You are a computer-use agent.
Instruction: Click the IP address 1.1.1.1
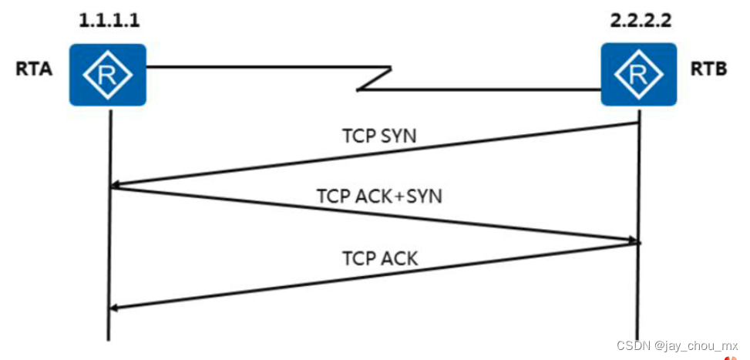click(109, 19)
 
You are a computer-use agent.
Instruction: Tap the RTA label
click(34, 69)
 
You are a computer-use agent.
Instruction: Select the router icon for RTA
click(108, 74)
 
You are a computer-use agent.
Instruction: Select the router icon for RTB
click(638, 74)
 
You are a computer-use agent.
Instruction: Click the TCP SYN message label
click(379, 136)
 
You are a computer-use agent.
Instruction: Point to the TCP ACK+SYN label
click(378, 196)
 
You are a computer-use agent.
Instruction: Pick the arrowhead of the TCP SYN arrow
click(115, 185)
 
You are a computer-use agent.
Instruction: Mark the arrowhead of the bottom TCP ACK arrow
click(115, 308)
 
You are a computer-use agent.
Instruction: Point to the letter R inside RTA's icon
click(109, 74)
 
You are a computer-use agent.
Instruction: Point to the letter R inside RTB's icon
click(638, 74)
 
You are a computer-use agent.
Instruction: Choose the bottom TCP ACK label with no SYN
click(379, 258)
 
